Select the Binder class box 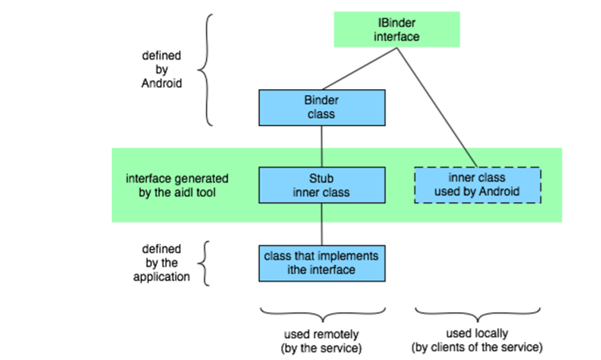pos(322,107)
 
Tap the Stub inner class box pos(322,186)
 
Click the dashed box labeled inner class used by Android pos(478,186)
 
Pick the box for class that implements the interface pos(322,262)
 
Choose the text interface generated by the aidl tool pos(177,186)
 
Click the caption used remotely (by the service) pos(322,340)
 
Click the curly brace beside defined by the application pos(202,263)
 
